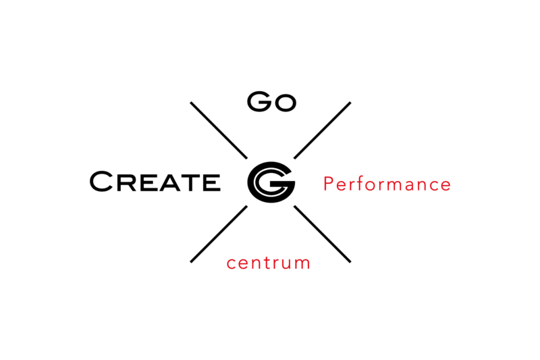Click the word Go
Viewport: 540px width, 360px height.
click(272, 101)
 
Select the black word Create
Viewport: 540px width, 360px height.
click(155, 181)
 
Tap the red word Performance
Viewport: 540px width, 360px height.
click(387, 184)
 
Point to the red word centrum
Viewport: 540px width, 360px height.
click(268, 263)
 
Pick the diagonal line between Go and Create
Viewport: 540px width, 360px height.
click(219, 130)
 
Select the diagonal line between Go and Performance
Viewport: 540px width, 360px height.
click(323, 130)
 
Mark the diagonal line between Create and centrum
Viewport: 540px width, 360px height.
click(219, 234)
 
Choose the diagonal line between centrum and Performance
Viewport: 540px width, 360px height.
click(323, 234)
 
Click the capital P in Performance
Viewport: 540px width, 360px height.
click(329, 183)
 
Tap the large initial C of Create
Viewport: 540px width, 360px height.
click(101, 181)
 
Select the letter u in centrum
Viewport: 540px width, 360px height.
click(284, 264)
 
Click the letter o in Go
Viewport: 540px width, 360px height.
click(286, 103)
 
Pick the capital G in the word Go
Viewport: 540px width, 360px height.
click(260, 101)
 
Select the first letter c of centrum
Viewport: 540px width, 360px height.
click(232, 264)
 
